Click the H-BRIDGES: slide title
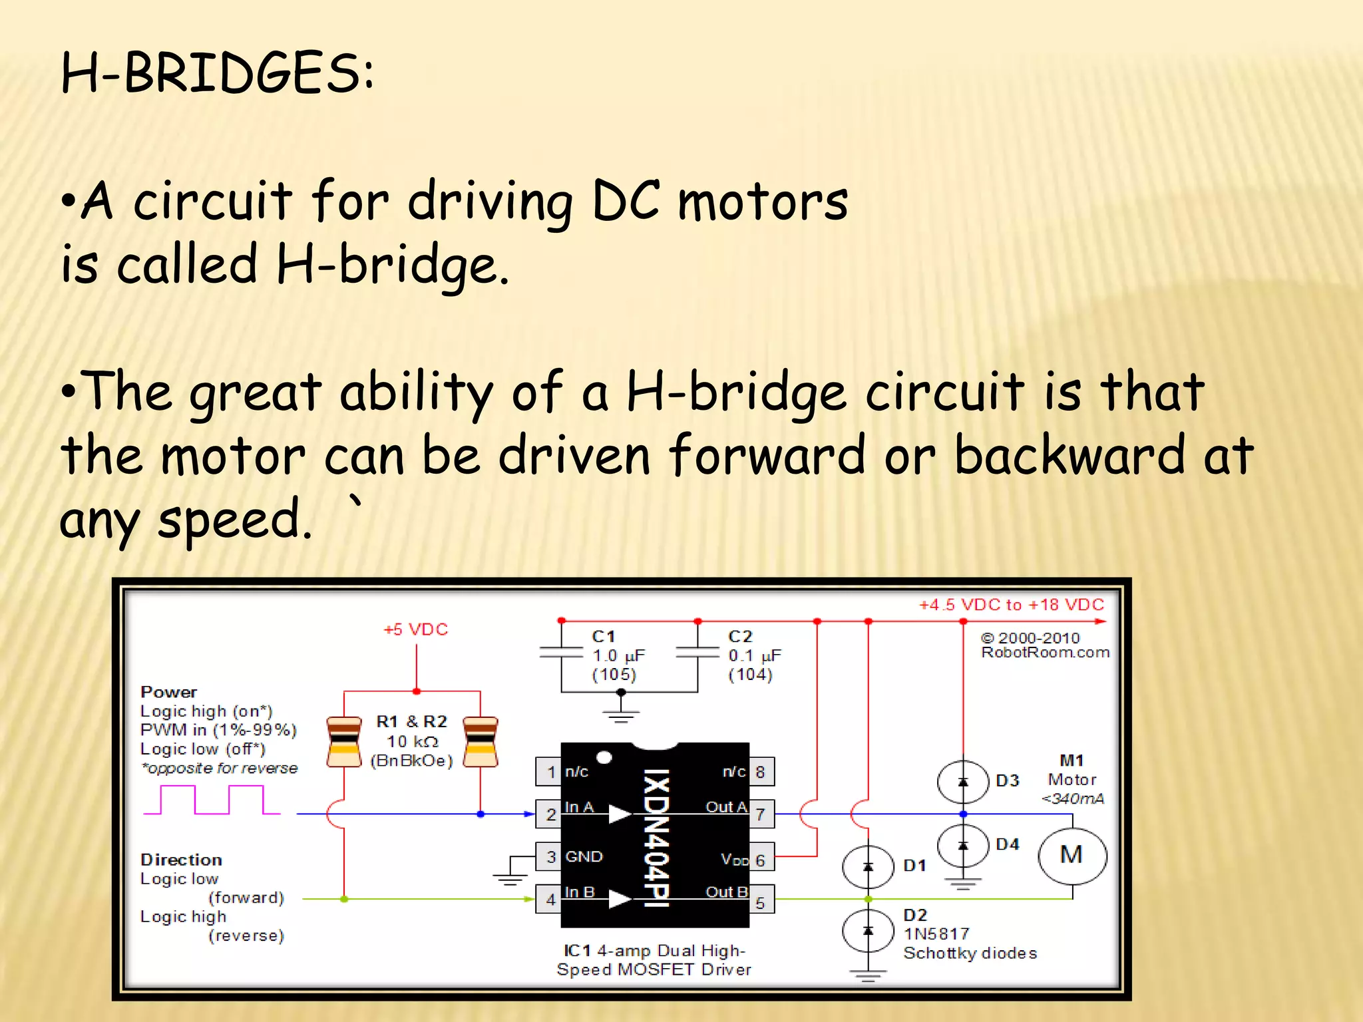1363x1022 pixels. point(217,73)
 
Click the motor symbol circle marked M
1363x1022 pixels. point(1072,856)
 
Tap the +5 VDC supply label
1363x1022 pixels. point(416,629)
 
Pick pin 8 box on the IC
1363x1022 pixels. point(761,772)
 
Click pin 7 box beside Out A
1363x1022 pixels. point(761,814)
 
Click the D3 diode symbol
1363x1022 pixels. point(962,782)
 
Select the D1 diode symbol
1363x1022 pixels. point(868,866)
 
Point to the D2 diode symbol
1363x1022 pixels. point(868,930)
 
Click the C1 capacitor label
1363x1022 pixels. point(604,637)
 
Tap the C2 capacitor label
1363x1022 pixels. point(740,637)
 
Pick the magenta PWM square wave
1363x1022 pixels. point(212,800)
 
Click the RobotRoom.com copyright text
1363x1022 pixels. point(1045,645)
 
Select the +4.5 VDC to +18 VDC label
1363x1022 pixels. point(1012,605)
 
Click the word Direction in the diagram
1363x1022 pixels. point(181,860)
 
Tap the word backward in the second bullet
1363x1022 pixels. point(1070,455)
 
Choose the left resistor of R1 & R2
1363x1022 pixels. point(344,742)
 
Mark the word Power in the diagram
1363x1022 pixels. point(169,692)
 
